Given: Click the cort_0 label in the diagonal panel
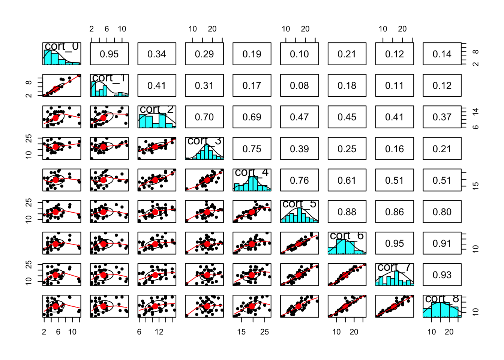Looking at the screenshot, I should click(x=62, y=46).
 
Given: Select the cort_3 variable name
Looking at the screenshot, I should click(x=204, y=141).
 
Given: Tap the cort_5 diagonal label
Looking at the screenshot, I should click(x=299, y=204).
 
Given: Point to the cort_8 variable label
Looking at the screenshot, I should click(x=442, y=299).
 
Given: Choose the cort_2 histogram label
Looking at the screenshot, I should click(x=157, y=109).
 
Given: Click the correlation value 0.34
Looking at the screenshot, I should click(x=157, y=54).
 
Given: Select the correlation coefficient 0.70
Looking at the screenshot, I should click(x=204, y=117).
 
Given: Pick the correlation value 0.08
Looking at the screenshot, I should click(x=299, y=86).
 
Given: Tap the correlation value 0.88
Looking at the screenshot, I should click(x=347, y=212).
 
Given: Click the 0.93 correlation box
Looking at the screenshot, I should click(x=442, y=275).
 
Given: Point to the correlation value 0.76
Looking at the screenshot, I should click(x=299, y=181).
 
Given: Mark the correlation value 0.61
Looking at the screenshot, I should click(x=347, y=181).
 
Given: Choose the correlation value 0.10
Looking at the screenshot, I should click(x=299, y=54).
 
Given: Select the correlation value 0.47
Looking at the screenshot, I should click(x=299, y=117).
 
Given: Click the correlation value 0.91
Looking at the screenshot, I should click(x=442, y=244).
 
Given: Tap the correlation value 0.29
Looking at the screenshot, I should click(x=204, y=54).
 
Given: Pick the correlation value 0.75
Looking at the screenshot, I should click(x=252, y=149).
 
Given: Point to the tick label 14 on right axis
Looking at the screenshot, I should click(x=475, y=111).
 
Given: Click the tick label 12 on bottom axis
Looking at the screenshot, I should click(x=159, y=332).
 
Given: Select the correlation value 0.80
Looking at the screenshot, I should click(x=442, y=212).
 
